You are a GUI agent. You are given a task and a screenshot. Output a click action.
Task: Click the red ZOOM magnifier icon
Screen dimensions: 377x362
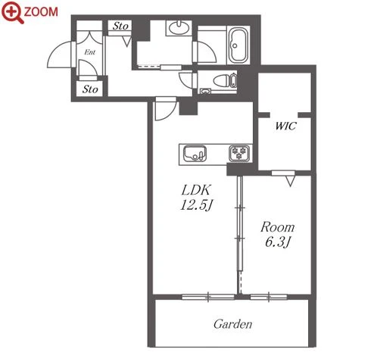click(x=11, y=12)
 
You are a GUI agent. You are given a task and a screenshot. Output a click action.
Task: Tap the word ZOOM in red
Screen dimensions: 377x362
click(x=41, y=11)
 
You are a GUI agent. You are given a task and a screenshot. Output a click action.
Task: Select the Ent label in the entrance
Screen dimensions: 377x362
click(x=90, y=52)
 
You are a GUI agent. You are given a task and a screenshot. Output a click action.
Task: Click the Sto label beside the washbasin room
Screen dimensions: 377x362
click(x=120, y=26)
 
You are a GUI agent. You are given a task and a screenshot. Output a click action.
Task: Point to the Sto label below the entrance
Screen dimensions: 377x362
click(x=90, y=89)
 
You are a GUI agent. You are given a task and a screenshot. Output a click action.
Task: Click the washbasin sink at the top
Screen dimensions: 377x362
click(x=179, y=28)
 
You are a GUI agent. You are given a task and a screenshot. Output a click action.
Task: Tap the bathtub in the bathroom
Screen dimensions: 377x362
click(x=238, y=45)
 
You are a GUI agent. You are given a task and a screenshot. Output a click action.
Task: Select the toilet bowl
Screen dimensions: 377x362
click(x=225, y=81)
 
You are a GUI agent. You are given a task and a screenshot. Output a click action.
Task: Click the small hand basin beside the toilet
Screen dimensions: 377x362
click(x=206, y=91)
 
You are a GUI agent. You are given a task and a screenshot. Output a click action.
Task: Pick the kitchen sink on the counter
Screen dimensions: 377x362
click(x=195, y=154)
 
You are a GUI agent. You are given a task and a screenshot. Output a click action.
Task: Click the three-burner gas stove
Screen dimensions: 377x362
click(x=239, y=153)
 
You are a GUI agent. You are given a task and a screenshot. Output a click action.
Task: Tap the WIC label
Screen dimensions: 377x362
click(x=285, y=126)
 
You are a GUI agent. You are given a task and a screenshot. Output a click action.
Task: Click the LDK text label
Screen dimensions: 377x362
click(x=196, y=190)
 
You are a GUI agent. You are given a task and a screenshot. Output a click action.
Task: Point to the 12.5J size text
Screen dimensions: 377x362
click(x=197, y=205)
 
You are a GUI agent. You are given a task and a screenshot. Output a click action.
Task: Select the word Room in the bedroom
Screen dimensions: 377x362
click(x=278, y=227)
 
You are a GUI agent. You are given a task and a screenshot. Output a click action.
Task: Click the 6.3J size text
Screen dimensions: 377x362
click(x=278, y=242)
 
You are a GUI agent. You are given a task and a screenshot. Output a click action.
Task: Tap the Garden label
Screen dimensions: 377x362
click(x=232, y=324)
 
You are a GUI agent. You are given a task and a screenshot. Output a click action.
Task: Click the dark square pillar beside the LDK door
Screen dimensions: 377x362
click(x=188, y=107)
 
